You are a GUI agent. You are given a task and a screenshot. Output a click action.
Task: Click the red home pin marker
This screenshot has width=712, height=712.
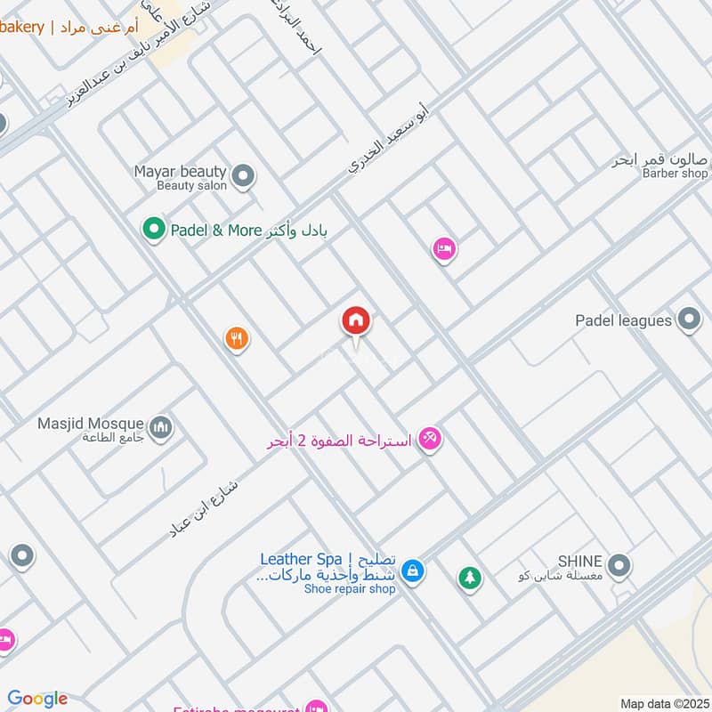pyautogui.click(x=356, y=321)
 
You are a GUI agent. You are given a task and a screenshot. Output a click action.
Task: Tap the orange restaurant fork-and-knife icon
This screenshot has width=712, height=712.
pyautogui.click(x=236, y=338)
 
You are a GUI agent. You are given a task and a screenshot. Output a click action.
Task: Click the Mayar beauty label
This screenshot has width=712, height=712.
pyautogui.click(x=181, y=171)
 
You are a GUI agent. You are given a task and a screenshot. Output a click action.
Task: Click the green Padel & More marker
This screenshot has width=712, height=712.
pyautogui.click(x=154, y=230)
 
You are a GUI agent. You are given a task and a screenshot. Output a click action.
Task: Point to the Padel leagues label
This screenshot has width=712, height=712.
pyautogui.click(x=623, y=320)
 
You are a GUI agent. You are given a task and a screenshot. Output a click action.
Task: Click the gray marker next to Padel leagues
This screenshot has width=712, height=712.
pyautogui.click(x=688, y=319)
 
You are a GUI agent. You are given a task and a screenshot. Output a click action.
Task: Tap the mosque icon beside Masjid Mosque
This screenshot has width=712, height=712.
pyautogui.click(x=160, y=428)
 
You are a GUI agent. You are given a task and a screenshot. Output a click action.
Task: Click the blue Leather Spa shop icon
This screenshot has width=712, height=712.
pyautogui.click(x=412, y=570)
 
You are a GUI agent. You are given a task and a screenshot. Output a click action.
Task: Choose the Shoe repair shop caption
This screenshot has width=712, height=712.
pyautogui.click(x=349, y=589)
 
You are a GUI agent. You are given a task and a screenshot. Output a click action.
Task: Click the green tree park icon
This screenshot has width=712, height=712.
pyautogui.click(x=469, y=578)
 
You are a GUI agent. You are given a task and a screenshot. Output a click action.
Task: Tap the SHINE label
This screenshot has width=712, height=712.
pyautogui.click(x=580, y=562)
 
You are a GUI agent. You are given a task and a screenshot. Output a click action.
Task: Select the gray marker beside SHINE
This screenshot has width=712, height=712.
pyautogui.click(x=619, y=564)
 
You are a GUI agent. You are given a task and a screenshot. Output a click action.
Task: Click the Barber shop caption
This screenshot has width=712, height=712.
pyautogui.click(x=675, y=174)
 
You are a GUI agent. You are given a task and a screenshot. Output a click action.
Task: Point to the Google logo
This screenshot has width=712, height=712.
pyautogui.click(x=37, y=699)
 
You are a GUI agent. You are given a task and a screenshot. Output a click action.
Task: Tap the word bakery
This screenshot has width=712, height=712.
pyautogui.click(x=21, y=28)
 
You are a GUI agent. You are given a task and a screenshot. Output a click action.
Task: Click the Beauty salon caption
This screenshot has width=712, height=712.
pyautogui.click(x=191, y=186)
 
